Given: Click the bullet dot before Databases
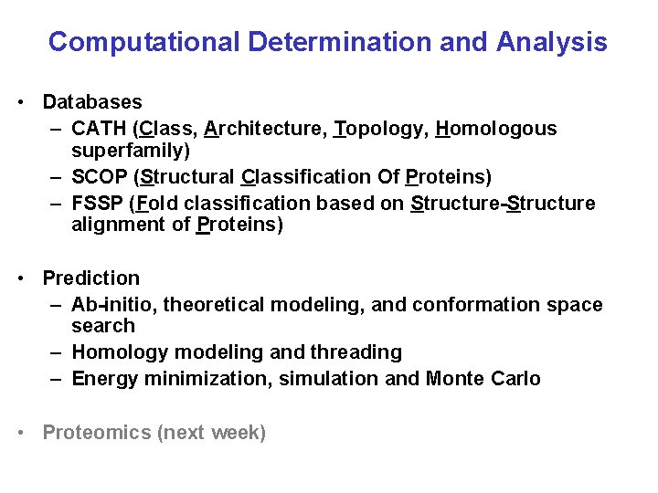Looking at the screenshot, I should coord(20,102).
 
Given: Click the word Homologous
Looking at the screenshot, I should coord(496,129).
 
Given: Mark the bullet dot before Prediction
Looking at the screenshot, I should coord(20,278).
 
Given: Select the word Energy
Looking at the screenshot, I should coord(103,379).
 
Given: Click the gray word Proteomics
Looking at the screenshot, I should coord(96,433).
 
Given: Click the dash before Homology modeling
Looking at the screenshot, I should coord(57,352).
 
